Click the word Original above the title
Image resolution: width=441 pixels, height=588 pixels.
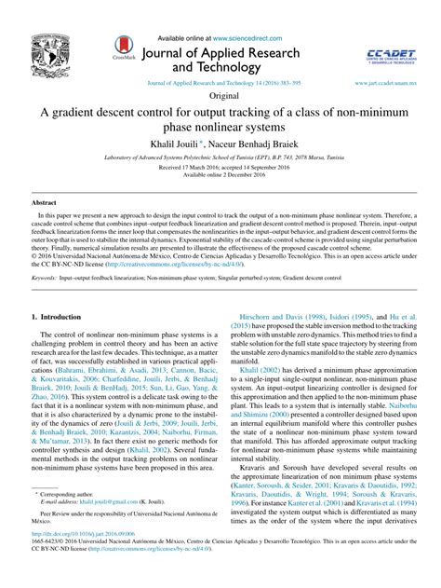tap(220, 96)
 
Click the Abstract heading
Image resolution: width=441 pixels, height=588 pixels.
tap(44, 201)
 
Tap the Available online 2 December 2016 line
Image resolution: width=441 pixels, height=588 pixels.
tap(220, 175)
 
